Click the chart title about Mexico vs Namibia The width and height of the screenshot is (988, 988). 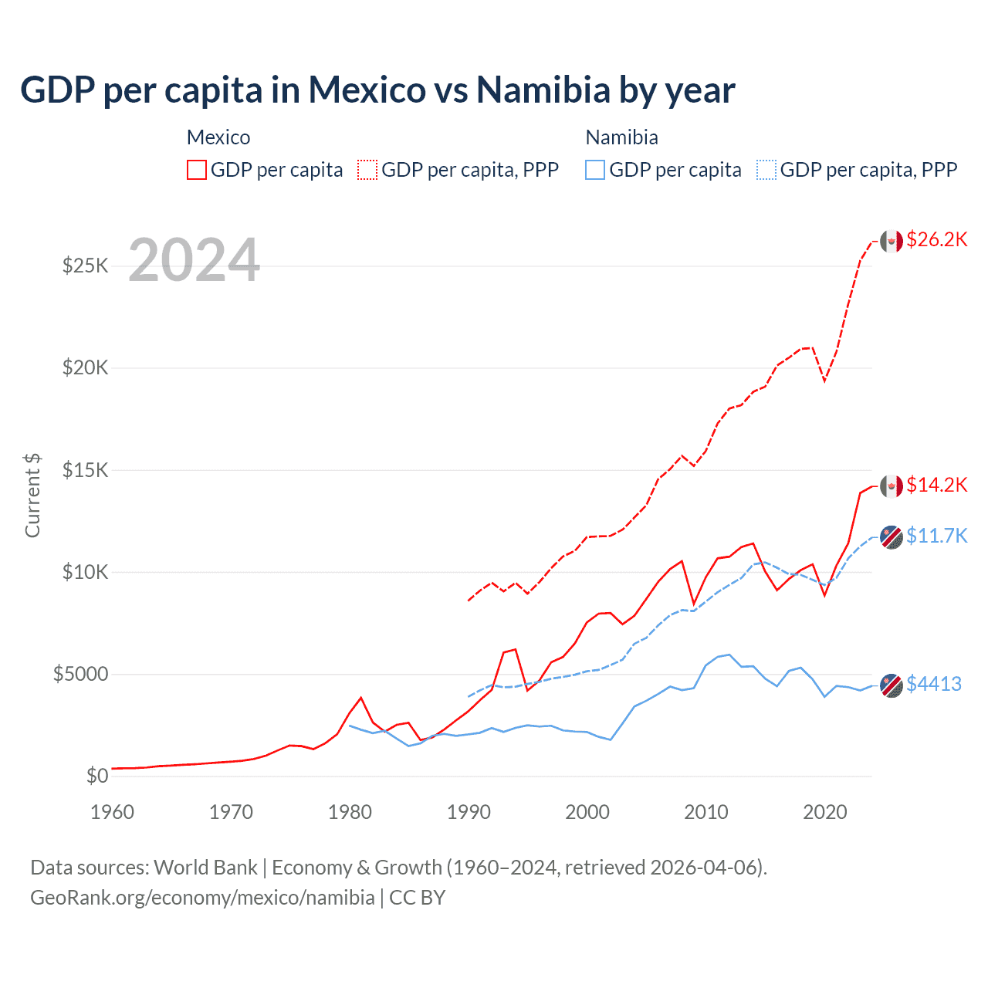click(x=377, y=90)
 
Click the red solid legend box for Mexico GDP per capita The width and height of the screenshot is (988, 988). click(x=197, y=170)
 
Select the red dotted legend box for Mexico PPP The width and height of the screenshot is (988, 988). click(x=368, y=170)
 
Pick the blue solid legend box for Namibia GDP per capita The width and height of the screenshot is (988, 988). click(x=595, y=170)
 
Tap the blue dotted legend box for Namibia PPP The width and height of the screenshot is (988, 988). click(x=766, y=170)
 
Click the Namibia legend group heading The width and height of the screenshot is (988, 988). click(x=621, y=137)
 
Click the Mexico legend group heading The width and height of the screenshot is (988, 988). click(x=218, y=137)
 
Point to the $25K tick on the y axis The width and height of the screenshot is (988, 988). click(x=85, y=266)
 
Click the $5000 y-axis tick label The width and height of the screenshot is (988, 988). click(x=80, y=674)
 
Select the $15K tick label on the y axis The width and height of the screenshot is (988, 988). click(x=85, y=470)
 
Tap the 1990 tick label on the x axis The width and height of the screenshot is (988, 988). click(x=469, y=812)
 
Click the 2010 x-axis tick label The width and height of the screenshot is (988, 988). click(x=706, y=812)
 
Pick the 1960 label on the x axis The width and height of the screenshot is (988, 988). click(x=113, y=812)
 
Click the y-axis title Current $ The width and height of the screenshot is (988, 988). click(x=32, y=496)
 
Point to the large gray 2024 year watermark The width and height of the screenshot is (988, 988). click(x=194, y=260)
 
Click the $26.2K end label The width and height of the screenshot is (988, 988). click(x=936, y=240)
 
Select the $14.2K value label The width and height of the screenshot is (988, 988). click(x=936, y=485)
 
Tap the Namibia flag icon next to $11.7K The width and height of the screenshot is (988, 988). click(x=892, y=536)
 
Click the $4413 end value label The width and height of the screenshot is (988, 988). click(x=933, y=684)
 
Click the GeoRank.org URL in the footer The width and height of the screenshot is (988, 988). click(x=202, y=898)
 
